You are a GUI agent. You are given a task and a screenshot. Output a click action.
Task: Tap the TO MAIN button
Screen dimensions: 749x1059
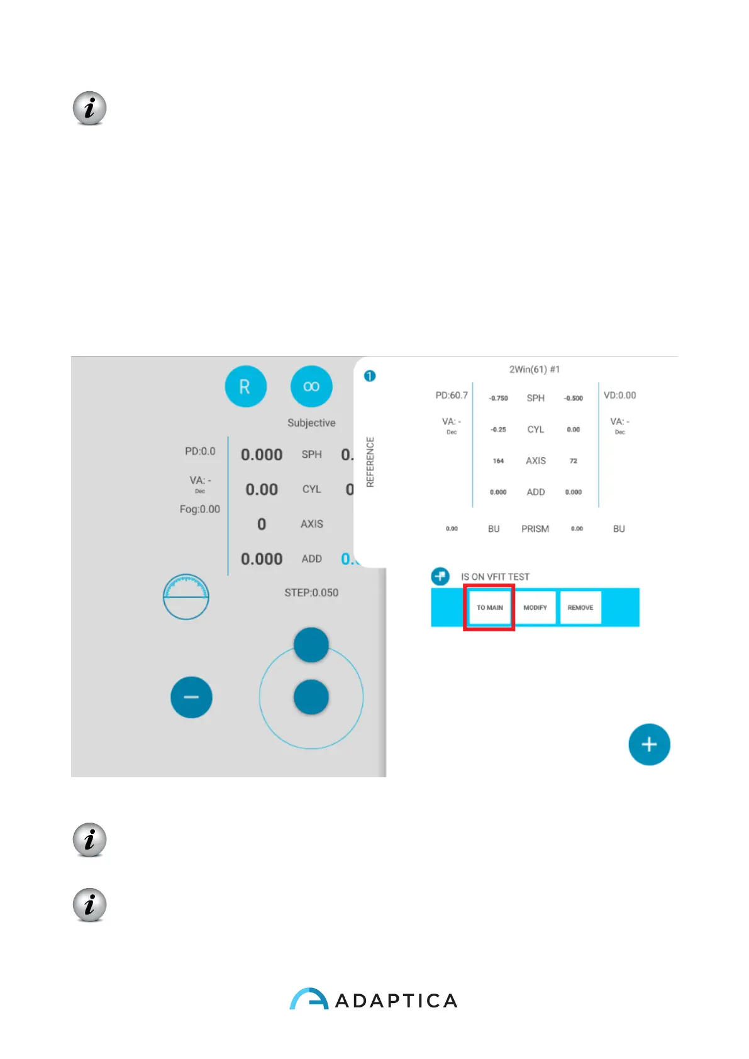(x=489, y=607)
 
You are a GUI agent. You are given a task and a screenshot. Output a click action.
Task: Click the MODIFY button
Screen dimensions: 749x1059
(x=535, y=607)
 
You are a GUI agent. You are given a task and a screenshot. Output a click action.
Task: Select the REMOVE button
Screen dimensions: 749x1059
(x=580, y=607)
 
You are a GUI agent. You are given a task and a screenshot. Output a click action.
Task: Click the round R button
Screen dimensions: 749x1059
(x=245, y=386)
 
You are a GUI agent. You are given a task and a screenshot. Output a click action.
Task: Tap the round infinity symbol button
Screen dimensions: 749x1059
(x=311, y=386)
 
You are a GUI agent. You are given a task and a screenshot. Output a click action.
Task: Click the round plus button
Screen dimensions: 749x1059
(x=649, y=745)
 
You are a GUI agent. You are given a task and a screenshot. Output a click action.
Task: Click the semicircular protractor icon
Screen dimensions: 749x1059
(x=186, y=597)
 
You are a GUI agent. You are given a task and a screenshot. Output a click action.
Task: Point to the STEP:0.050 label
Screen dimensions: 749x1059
(x=311, y=592)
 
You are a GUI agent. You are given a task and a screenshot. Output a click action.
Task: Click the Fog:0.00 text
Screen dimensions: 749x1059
(x=200, y=509)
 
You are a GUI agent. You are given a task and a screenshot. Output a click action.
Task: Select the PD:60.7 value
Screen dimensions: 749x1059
(x=452, y=396)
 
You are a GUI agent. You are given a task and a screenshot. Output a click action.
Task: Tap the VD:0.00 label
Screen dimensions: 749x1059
(x=619, y=396)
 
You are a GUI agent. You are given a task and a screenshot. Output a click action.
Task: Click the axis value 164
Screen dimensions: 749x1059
(x=498, y=461)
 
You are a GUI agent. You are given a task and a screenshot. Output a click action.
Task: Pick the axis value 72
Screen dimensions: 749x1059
(x=573, y=461)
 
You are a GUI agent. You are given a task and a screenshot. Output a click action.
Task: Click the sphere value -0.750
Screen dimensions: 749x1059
(x=498, y=398)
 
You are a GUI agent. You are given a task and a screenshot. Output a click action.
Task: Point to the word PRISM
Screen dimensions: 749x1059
(x=535, y=529)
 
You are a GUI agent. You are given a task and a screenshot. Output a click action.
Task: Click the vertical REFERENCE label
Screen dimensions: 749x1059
(x=370, y=462)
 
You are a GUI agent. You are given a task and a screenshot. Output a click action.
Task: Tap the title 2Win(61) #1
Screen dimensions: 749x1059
(x=535, y=369)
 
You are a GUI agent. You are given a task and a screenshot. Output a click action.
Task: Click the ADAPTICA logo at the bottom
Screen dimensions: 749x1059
(x=374, y=999)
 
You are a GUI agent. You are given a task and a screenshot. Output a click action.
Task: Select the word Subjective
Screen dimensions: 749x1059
(x=311, y=423)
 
